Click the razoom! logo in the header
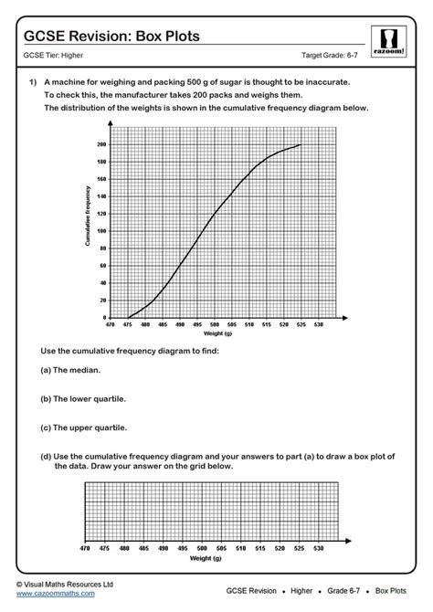pyautogui.click(x=389, y=42)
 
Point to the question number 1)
pyautogui.click(x=32, y=82)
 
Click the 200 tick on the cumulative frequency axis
pyautogui.click(x=101, y=144)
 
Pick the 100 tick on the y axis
pyautogui.click(x=101, y=231)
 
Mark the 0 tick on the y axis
pyautogui.click(x=105, y=317)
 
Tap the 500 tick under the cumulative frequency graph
pyautogui.click(x=214, y=324)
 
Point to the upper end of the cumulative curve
pyautogui.click(x=300, y=144)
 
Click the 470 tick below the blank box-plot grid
pyautogui.click(x=85, y=548)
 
